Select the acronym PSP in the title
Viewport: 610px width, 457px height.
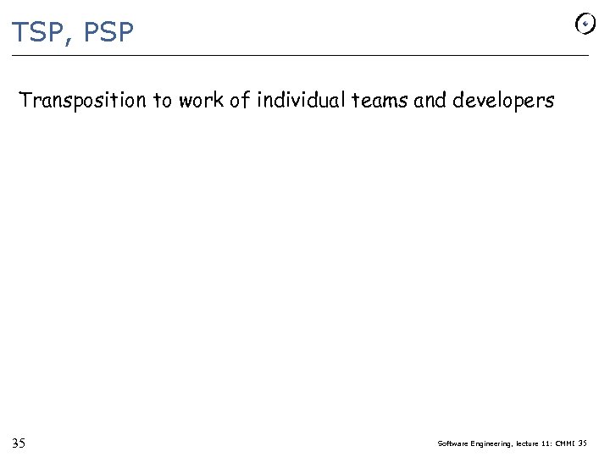coord(108,33)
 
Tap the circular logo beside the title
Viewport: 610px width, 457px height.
coord(585,25)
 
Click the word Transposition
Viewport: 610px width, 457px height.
coord(82,102)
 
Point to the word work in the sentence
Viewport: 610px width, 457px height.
coord(202,102)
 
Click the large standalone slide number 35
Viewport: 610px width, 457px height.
coord(19,443)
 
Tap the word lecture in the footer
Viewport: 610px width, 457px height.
coord(530,443)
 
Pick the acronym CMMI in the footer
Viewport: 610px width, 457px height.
coord(565,443)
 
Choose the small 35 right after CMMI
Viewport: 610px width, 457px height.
coord(582,443)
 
